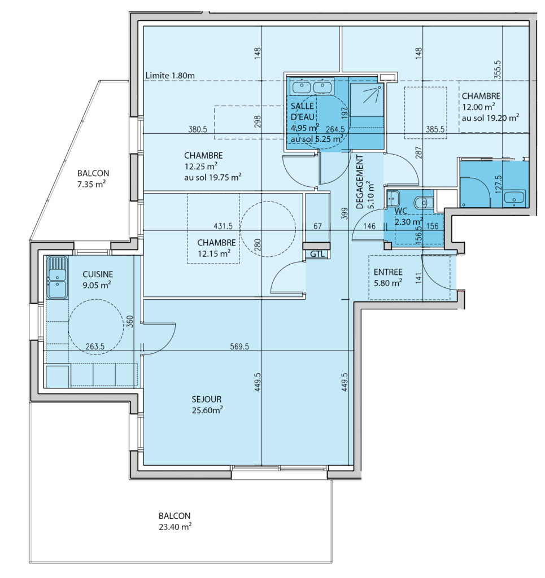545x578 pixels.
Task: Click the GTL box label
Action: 317,253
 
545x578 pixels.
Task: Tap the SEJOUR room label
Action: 207,399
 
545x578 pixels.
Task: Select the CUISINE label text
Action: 98,274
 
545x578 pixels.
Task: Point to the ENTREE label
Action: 388,272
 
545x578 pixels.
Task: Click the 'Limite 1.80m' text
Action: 170,76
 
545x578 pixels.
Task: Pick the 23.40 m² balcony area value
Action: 175,527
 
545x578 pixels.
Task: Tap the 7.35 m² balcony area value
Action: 91,184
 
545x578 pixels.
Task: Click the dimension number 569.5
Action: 239,347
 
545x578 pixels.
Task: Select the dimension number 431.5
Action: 223,226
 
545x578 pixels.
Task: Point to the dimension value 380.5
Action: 198,129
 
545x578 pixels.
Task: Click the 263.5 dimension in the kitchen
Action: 95,347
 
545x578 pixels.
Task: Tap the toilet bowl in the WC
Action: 424,202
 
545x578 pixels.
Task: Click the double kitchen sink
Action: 57,278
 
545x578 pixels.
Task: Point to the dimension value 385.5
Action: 435,129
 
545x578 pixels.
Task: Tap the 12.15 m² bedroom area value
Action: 214,253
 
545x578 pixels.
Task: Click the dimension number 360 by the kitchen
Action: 130,321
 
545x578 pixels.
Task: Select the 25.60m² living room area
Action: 207,410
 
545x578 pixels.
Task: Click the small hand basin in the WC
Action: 393,199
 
